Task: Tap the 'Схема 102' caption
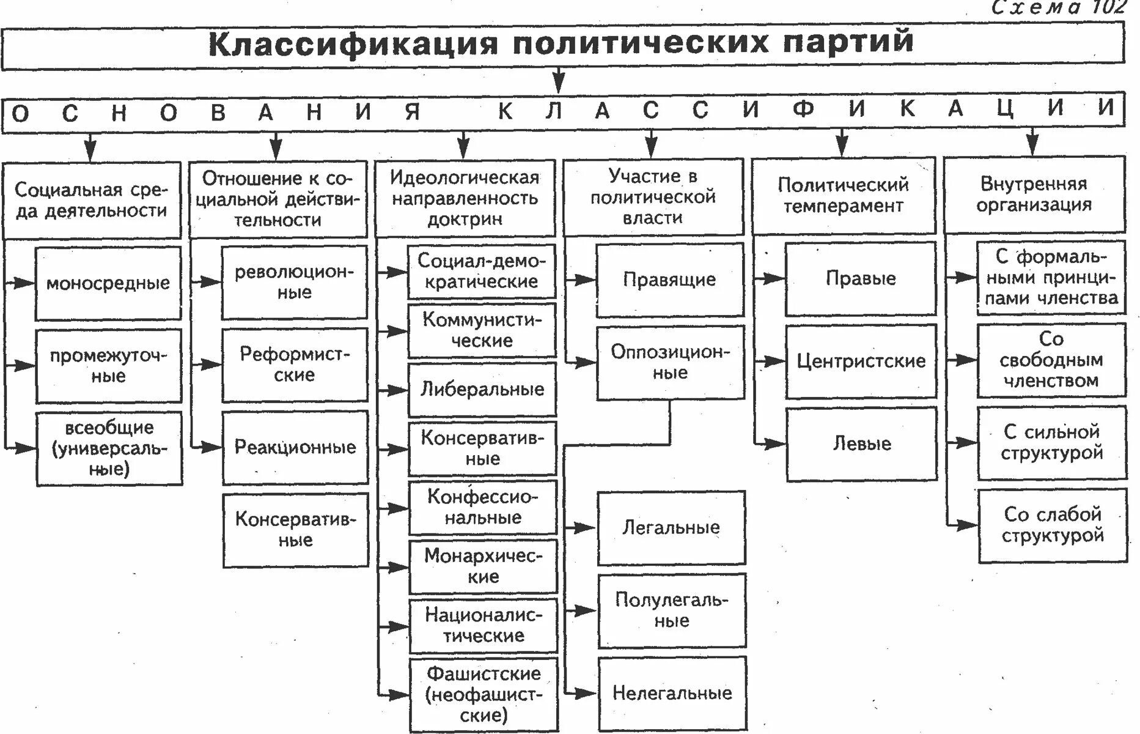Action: (1057, 7)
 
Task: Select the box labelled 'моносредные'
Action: (108, 283)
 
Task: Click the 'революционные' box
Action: (294, 282)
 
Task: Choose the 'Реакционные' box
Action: (295, 447)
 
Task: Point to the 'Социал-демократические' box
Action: (482, 271)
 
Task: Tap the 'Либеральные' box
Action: (482, 390)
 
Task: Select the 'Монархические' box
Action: (483, 566)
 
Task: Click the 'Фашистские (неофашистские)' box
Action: (484, 694)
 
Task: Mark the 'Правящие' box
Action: (670, 280)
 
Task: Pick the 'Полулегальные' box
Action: (672, 610)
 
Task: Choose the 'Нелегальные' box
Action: (672, 693)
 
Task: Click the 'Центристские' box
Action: (861, 361)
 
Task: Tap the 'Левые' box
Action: (861, 443)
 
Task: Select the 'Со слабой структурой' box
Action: (1052, 525)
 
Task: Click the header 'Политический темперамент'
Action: (843, 195)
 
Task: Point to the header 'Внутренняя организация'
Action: (1034, 194)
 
